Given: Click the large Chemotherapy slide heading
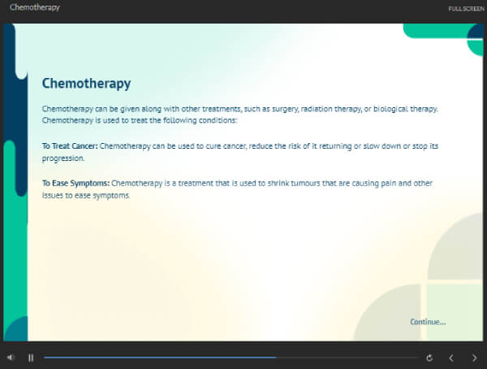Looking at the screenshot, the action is [x=86, y=84].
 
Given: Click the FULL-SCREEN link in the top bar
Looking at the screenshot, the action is [x=466, y=9].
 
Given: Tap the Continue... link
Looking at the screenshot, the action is [x=428, y=322].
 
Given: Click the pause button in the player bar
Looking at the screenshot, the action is [x=31, y=358].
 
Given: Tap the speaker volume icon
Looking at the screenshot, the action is [x=11, y=358].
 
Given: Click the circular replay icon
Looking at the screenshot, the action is [x=429, y=358].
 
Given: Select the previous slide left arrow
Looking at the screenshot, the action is [x=451, y=358].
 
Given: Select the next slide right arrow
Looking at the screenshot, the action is [x=474, y=358].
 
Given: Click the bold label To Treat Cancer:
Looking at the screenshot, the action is [x=70, y=146].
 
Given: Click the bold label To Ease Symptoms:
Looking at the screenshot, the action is [x=75, y=183].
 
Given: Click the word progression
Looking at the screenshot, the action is [x=63, y=158].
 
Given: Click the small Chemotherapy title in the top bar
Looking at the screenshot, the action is [x=35, y=7].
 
